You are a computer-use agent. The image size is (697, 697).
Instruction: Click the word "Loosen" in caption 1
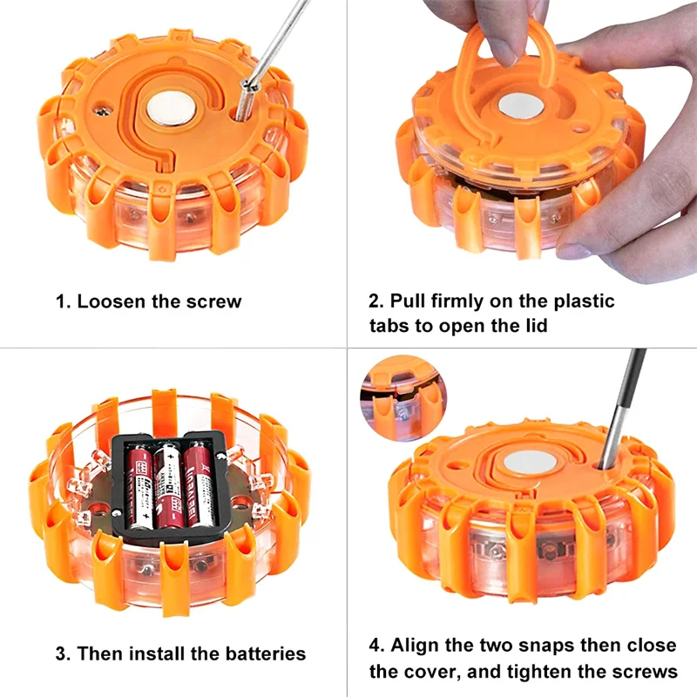click(x=108, y=302)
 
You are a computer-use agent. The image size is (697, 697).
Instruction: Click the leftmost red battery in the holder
click(x=140, y=488)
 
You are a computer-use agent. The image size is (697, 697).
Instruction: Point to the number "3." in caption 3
click(x=64, y=653)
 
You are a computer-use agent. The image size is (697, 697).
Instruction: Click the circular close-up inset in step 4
click(x=397, y=396)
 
